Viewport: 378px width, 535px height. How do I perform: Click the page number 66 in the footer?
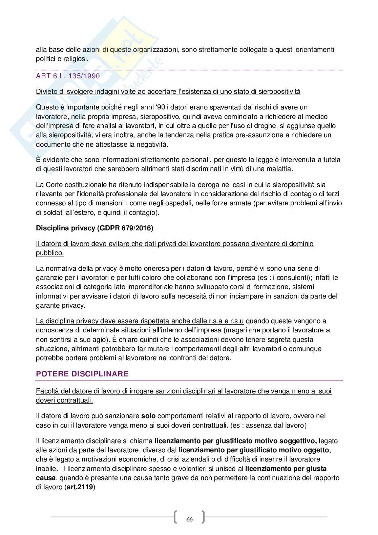click(189, 519)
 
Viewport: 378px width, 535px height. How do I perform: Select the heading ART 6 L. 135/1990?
click(68, 76)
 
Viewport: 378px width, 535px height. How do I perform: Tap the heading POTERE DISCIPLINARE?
click(82, 374)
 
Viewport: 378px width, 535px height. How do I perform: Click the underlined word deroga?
click(208, 185)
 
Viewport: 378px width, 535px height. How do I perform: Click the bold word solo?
click(148, 416)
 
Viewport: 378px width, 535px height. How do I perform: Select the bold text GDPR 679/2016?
click(125, 228)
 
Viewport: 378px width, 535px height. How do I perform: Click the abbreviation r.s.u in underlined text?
click(237, 321)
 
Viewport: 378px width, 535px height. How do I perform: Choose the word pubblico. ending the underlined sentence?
click(50, 253)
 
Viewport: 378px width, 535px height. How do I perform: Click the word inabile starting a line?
click(46, 469)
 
